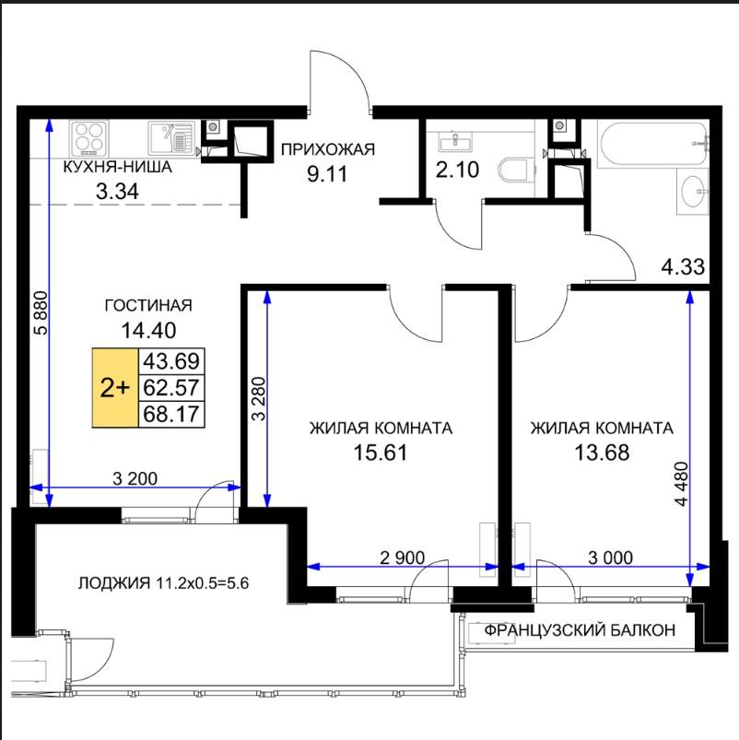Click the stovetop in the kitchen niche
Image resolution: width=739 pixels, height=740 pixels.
tap(89, 139)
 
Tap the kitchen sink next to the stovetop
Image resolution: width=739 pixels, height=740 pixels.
tap(171, 138)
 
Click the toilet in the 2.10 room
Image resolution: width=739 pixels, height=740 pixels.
tap(513, 170)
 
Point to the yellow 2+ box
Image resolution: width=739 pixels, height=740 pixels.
tap(115, 388)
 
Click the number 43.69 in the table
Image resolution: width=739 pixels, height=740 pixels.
tap(171, 361)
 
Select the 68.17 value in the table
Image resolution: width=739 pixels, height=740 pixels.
tap(171, 414)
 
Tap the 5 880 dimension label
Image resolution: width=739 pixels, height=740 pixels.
tap(41, 313)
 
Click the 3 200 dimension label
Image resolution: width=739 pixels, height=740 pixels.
tap(135, 478)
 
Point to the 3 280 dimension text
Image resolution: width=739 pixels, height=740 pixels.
tap(259, 398)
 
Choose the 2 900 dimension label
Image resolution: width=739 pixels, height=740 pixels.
tap(402, 558)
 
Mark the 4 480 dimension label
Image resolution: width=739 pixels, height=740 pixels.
tap(682, 484)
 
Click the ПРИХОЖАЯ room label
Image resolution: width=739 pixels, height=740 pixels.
tap(328, 149)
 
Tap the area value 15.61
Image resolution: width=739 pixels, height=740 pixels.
tap(380, 452)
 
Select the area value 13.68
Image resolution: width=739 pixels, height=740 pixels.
tap(602, 452)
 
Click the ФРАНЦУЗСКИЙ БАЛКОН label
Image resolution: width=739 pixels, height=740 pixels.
tap(580, 630)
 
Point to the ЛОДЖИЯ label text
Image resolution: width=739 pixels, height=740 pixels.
tap(112, 583)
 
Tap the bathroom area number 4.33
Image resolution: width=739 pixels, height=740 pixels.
tap(683, 267)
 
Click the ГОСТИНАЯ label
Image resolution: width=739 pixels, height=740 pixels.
tap(148, 305)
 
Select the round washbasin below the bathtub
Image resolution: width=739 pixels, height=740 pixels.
tap(693, 193)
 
